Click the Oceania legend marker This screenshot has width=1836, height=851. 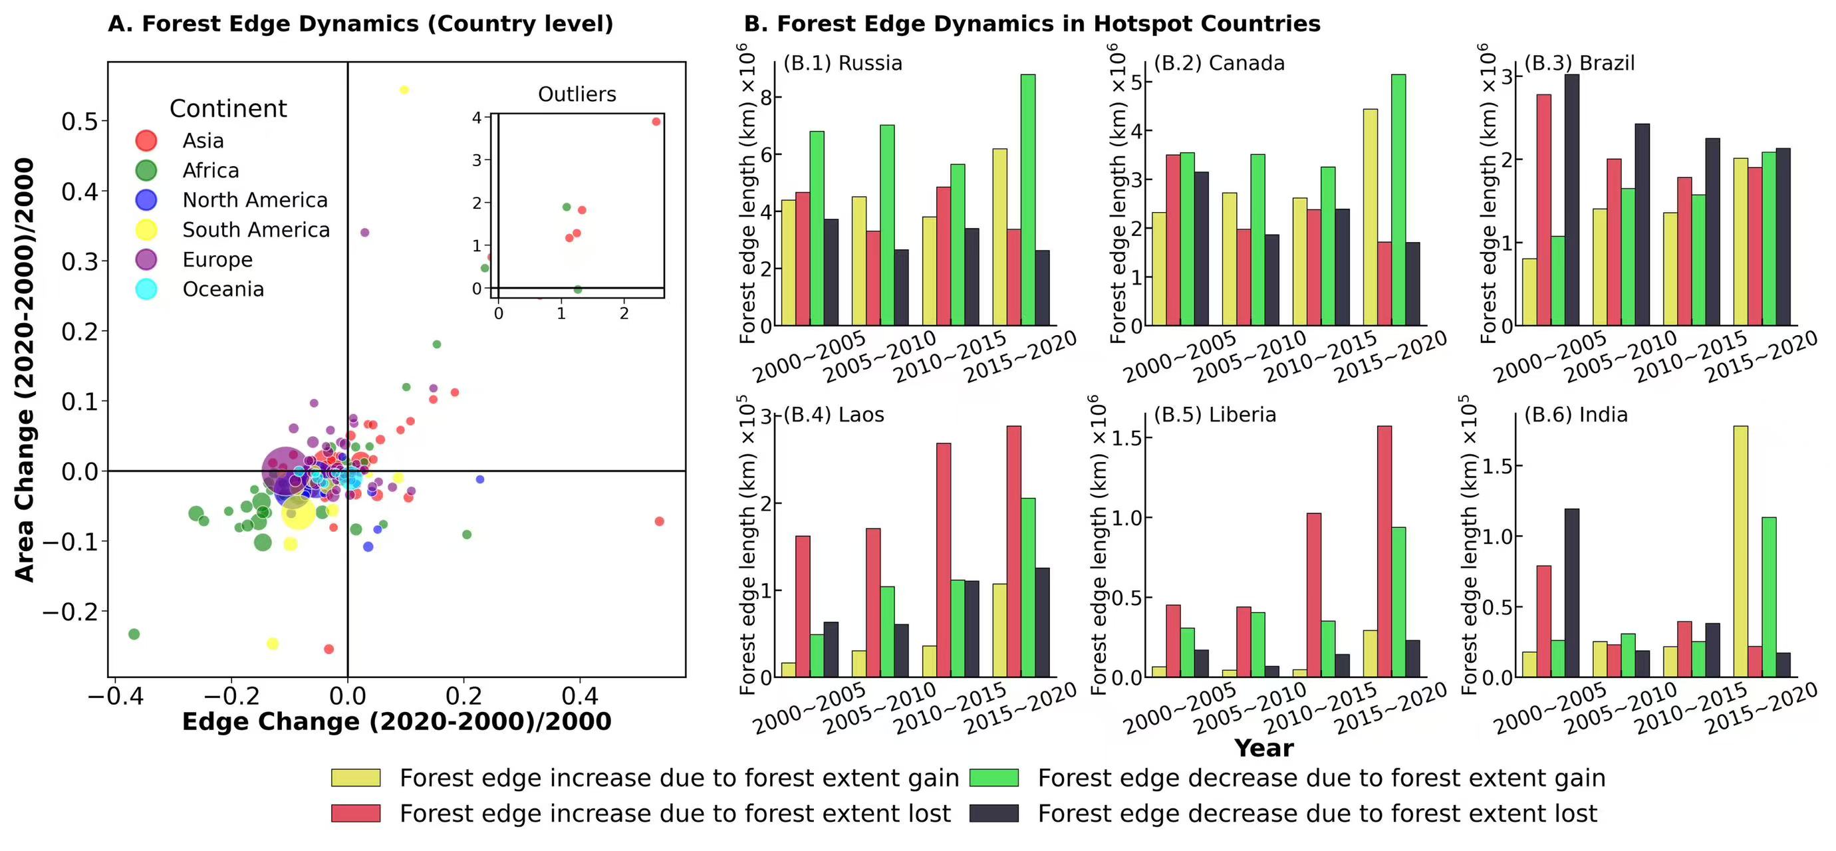146,289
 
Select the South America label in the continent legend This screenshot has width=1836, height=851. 256,229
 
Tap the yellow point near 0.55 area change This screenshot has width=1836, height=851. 404,90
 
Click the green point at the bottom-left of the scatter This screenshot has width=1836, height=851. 133,634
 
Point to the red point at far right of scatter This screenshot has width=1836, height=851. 659,522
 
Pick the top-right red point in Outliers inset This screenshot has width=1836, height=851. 656,122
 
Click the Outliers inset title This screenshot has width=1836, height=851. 577,94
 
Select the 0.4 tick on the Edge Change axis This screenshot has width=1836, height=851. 579,695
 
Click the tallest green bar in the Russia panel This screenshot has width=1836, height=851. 1028,199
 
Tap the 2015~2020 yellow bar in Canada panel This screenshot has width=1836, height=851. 1370,217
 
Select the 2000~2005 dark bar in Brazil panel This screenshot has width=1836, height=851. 1571,199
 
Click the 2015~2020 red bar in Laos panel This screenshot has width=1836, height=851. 1013,551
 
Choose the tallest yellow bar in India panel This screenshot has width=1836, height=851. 1740,551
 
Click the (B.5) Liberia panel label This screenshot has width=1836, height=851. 1214,415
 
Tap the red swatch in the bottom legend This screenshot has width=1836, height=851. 356,813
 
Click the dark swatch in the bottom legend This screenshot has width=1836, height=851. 994,813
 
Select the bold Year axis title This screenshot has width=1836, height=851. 1263,748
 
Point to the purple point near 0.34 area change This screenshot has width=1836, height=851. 365,232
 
